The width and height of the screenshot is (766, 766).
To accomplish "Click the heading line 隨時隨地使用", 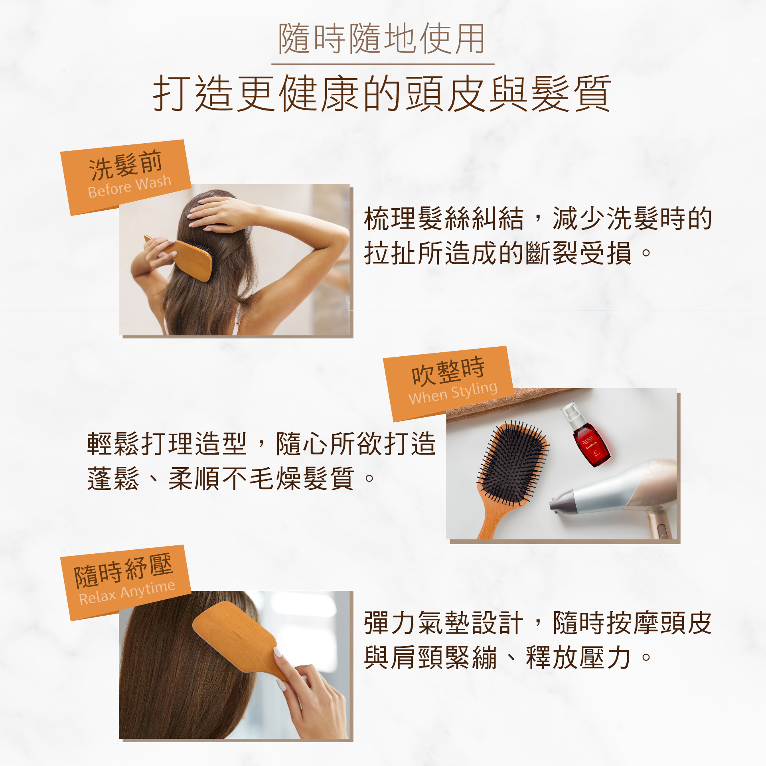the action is [x=382, y=38].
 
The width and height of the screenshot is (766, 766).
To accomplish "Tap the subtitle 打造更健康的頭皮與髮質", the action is [x=382, y=93].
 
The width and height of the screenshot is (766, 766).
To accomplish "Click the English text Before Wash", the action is [x=129, y=186].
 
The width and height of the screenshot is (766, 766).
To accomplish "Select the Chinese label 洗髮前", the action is [x=125, y=165].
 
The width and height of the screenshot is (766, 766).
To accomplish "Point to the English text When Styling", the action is [x=453, y=393].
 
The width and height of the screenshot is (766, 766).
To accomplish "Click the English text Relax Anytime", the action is [x=127, y=593].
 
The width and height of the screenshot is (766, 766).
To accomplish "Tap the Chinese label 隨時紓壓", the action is [x=123, y=570].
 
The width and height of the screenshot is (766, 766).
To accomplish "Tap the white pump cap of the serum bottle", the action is [x=571, y=415].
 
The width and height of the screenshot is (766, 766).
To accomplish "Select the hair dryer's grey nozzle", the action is [x=563, y=501].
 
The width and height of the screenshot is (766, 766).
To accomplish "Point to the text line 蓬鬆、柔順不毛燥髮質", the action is [x=231, y=478].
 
